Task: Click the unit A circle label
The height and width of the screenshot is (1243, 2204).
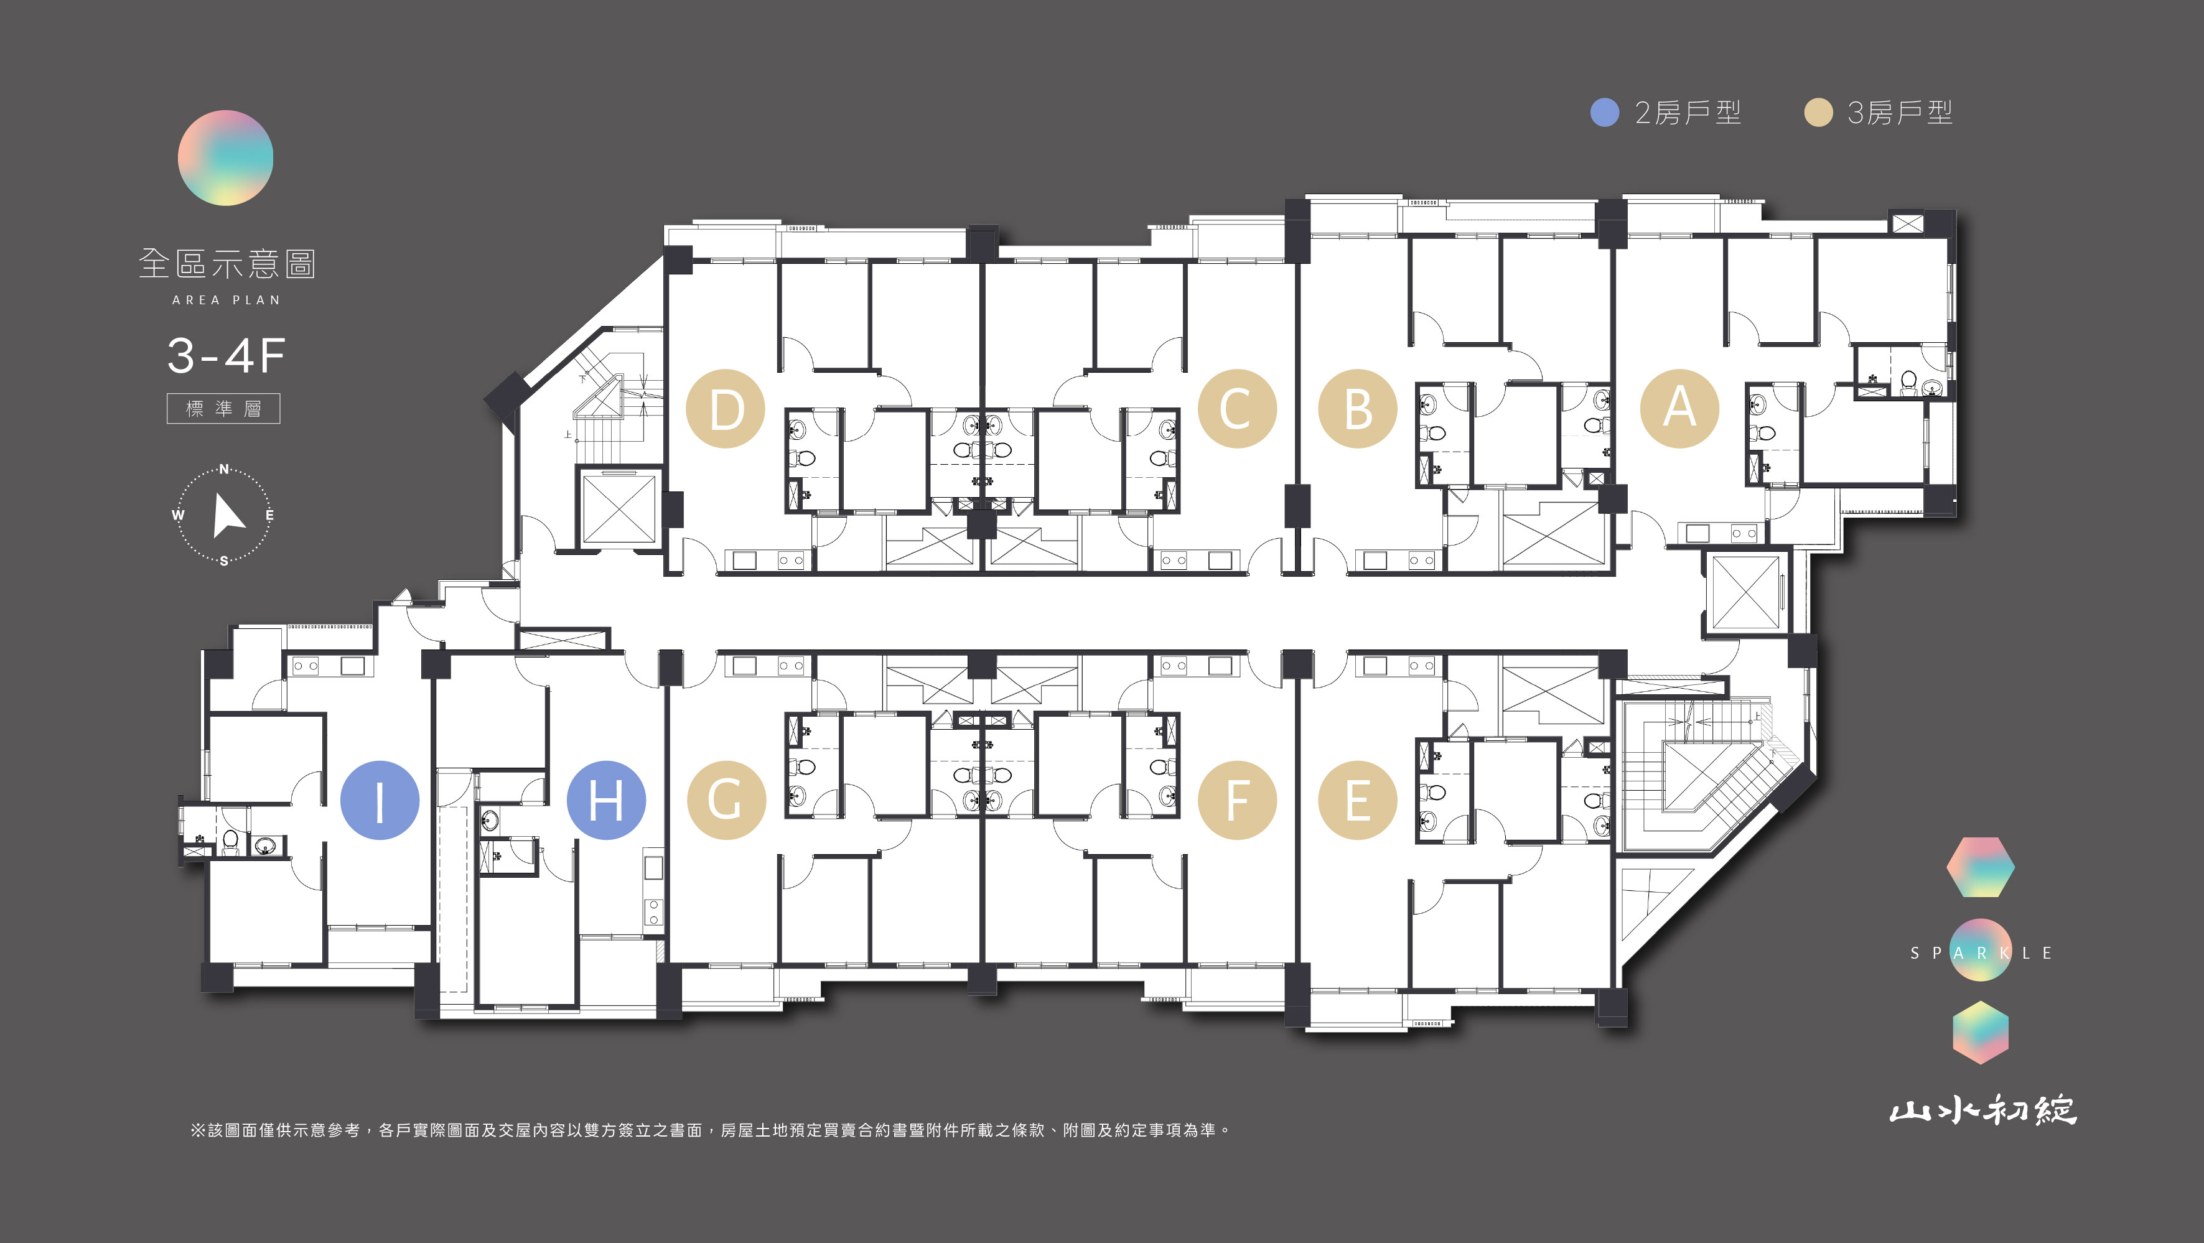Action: point(1679,408)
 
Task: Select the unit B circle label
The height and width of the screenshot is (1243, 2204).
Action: point(1358,408)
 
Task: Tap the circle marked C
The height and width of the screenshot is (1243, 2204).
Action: point(1236,408)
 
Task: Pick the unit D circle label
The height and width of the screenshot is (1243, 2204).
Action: point(726,408)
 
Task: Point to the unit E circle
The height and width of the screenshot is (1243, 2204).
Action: point(1358,800)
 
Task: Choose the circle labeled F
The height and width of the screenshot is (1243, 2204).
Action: point(1236,800)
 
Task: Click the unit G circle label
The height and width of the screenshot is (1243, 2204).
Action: point(726,800)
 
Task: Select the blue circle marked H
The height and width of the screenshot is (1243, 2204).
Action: point(607,800)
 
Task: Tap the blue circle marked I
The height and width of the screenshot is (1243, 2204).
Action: point(380,800)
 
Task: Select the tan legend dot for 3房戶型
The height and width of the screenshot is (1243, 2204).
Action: point(1818,112)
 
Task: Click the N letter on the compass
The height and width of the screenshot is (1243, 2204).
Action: point(224,469)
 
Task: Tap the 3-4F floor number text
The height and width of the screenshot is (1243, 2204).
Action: point(226,356)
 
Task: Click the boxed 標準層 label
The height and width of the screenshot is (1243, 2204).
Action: point(223,408)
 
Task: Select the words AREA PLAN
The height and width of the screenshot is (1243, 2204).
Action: point(226,300)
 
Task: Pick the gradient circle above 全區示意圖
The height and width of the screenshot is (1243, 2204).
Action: point(225,157)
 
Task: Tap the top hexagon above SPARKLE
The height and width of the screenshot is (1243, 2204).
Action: point(1980,867)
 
